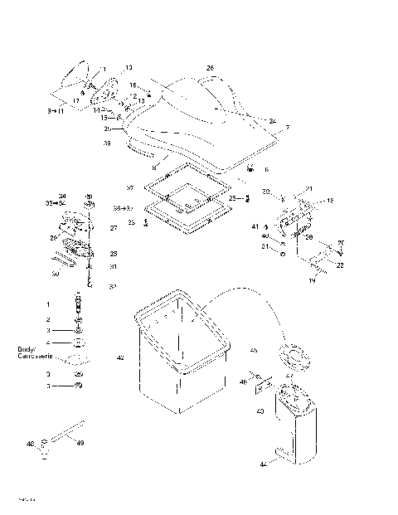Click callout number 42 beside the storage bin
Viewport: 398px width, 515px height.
point(120,358)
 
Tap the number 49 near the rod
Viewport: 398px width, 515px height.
point(80,444)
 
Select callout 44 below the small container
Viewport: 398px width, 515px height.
point(263,464)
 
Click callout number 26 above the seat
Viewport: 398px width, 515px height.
point(210,67)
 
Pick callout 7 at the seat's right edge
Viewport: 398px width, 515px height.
point(287,127)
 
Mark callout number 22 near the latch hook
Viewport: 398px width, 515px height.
point(341,265)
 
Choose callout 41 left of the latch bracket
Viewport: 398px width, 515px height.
point(255,226)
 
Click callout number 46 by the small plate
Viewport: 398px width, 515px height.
point(243,382)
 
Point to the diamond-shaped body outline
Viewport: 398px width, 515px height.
point(78,359)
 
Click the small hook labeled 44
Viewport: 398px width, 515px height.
point(284,453)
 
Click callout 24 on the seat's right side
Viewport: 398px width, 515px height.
point(272,121)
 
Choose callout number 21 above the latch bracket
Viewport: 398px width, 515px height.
point(308,189)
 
